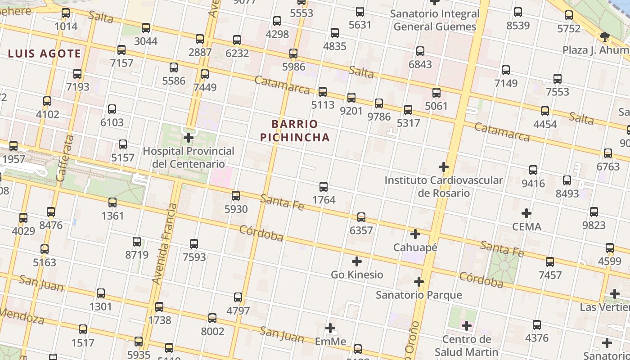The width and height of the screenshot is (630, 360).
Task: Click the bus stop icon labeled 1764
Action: coord(323,187)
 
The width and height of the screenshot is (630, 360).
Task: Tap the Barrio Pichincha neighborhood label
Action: coord(295,130)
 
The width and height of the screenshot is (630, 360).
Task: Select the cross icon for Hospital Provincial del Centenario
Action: coord(189,138)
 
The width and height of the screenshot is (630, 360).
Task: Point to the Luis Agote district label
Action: coord(45,54)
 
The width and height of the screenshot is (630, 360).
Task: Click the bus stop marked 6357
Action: coord(361,217)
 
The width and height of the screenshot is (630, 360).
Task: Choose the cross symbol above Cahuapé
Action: coord(415,234)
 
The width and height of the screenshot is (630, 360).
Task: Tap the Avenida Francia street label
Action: coord(165,243)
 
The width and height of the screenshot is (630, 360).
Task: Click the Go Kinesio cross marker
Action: coord(357,261)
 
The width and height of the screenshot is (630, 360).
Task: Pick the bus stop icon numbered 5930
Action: coord(236,196)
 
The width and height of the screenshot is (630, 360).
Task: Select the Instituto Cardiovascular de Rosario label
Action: coord(444,187)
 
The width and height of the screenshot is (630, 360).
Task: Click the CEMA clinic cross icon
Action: coord(526,213)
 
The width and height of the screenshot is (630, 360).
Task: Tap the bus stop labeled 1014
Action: coord(66,13)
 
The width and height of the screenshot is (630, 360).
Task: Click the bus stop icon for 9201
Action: coord(351,97)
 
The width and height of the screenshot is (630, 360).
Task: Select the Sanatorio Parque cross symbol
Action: coord(419,282)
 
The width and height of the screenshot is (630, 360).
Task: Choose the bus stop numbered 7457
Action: coord(550,262)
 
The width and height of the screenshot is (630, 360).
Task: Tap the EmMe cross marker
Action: coord(330,328)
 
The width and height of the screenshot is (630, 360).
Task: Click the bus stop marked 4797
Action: coord(238,297)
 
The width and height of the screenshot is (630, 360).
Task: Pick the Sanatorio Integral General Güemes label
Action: coord(435,20)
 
